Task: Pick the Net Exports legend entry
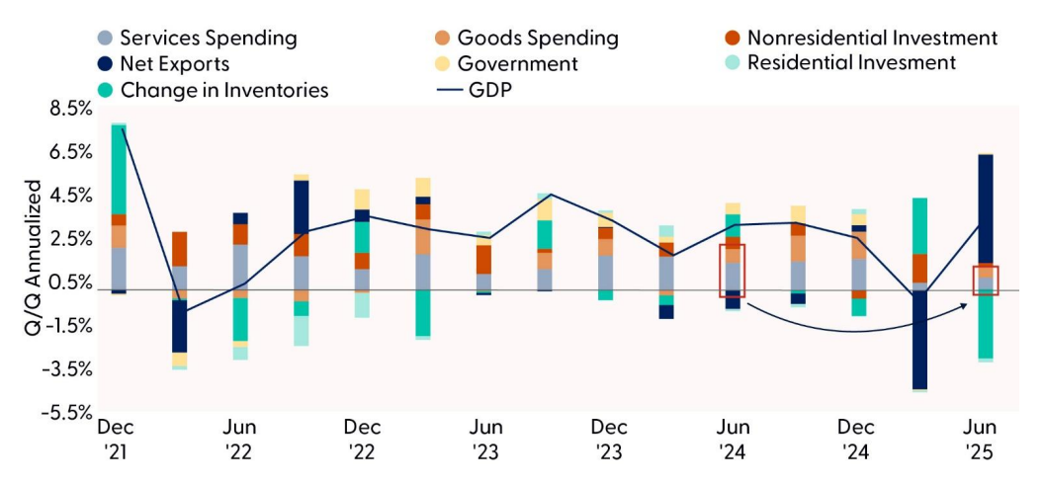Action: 174,64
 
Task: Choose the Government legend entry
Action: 517,64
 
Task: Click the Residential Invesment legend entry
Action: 851,63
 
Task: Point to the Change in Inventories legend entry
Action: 223,90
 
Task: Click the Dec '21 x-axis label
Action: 115,440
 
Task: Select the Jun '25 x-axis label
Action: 982,440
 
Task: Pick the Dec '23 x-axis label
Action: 609,440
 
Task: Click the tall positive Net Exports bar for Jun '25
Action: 985,208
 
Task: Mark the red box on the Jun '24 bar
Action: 732,271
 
